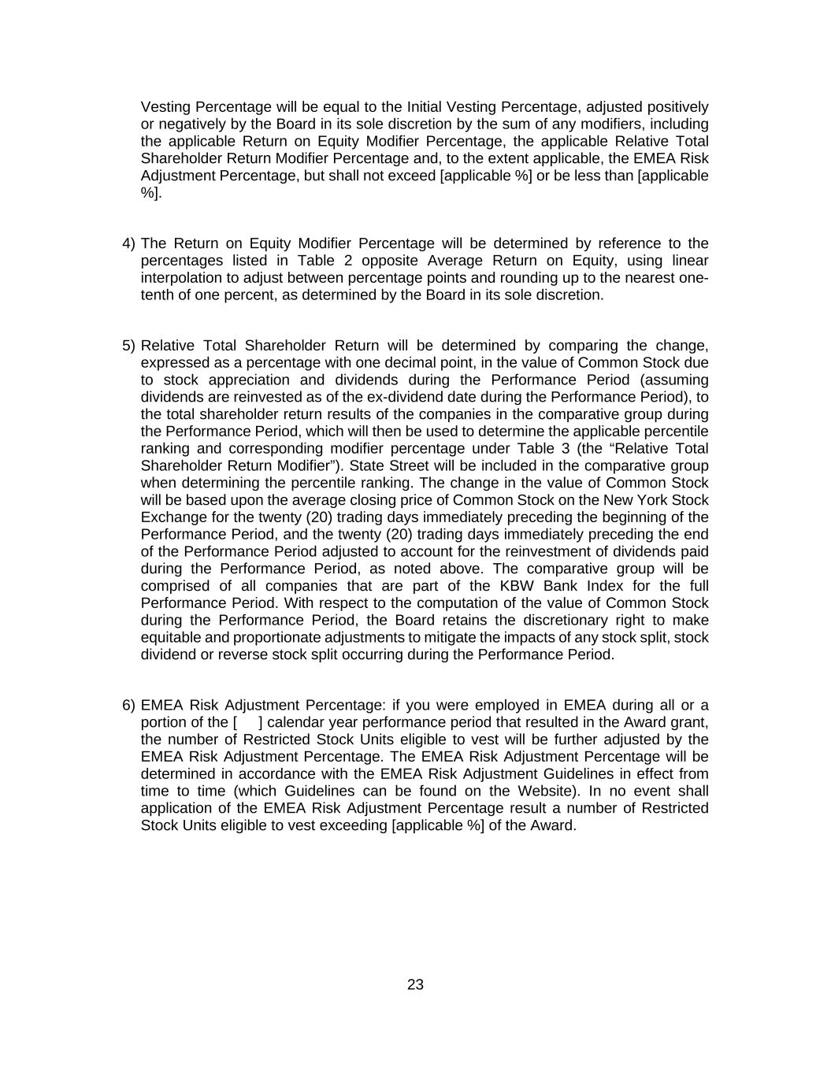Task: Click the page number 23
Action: [416, 984]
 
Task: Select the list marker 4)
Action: [129, 243]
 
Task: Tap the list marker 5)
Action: [129, 346]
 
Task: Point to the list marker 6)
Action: [129, 705]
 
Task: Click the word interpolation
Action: [181, 278]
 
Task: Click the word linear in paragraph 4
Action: [689, 261]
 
